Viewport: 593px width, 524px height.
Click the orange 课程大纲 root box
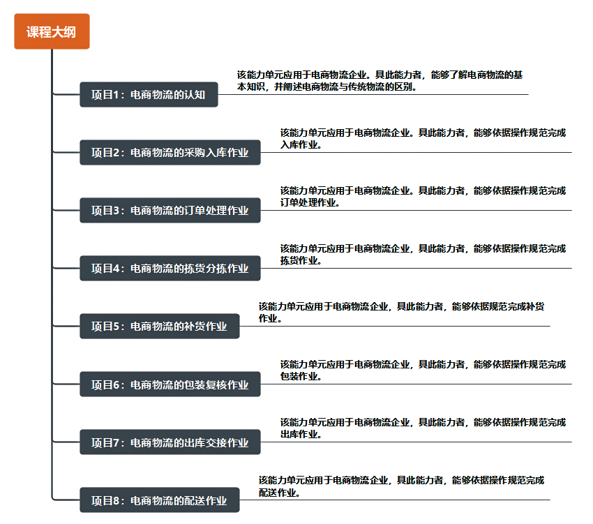coord(52,31)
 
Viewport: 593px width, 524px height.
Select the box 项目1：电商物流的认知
coord(149,95)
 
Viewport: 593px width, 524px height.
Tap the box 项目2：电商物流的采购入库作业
coord(170,153)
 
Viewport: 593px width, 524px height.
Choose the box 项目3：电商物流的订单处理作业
coord(170,210)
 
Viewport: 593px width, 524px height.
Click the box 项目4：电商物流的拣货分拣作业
coord(170,268)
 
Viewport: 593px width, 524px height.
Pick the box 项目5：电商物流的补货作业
coord(160,326)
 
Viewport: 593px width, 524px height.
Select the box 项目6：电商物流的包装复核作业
coord(170,384)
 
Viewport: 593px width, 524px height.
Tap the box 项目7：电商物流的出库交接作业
coord(170,442)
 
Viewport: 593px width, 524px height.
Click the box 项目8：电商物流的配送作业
coord(160,500)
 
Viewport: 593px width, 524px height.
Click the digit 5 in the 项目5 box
coord(117,326)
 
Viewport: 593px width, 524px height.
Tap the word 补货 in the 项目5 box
coord(195,326)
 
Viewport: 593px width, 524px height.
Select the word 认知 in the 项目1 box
coord(195,95)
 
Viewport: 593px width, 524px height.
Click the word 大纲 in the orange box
coord(63,32)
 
